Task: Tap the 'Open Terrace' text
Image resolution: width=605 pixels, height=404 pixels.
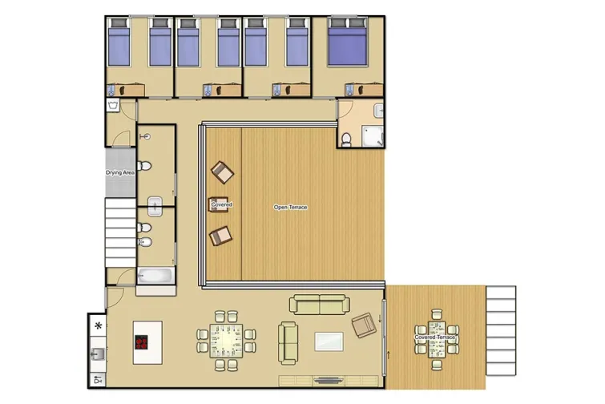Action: tap(290, 208)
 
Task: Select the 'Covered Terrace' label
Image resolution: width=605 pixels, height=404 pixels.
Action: tap(435, 337)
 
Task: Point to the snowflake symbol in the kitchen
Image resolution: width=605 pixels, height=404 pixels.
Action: tap(99, 325)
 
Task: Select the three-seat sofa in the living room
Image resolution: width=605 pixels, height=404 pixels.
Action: tap(321, 304)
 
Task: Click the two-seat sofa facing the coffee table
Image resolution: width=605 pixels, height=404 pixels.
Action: tap(288, 342)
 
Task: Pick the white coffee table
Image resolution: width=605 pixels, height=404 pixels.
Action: tap(329, 342)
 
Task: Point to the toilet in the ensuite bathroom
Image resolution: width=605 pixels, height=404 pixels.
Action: tap(346, 139)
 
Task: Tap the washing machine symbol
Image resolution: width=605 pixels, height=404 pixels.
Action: tap(112, 105)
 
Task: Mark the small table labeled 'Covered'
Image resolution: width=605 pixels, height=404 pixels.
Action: tap(221, 204)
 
